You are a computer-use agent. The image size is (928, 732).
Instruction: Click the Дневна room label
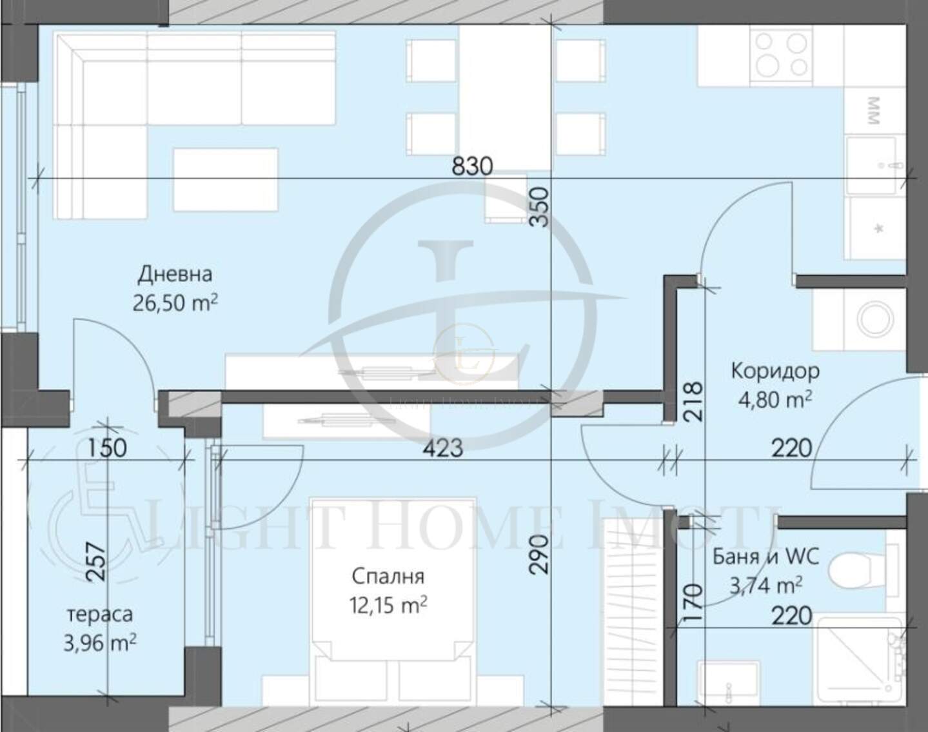(175, 275)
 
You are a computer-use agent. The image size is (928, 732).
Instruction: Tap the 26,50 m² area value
(175, 302)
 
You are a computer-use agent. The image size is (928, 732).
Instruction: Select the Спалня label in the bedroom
(388, 577)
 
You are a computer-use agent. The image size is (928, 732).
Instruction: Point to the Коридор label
(775, 371)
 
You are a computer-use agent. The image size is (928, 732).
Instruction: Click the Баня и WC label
(765, 557)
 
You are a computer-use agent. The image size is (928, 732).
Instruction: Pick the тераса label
(100, 614)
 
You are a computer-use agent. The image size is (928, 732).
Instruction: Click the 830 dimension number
(472, 166)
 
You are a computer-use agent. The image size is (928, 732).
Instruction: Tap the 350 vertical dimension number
(539, 207)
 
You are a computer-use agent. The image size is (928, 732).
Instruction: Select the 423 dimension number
(442, 448)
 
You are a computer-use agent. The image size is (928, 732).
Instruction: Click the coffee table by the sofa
(226, 179)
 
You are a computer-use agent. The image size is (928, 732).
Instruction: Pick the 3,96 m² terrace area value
(100, 643)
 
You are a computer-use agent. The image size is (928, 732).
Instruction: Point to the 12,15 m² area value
(388, 605)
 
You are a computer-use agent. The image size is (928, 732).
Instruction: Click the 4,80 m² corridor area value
(775, 399)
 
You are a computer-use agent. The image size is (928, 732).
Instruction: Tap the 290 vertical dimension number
(539, 555)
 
